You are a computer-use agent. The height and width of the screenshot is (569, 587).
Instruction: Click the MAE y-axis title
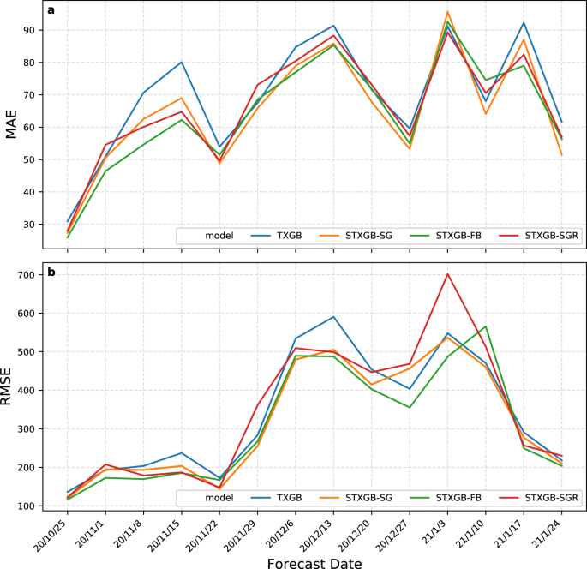(x=12, y=127)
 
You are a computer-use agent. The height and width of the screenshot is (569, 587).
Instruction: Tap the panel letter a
(x=51, y=11)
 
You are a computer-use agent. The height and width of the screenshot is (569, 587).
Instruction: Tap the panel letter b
(x=51, y=272)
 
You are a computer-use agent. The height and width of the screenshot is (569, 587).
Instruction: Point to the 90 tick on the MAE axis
(x=33, y=30)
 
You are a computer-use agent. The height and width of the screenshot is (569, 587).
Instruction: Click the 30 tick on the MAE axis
(x=33, y=225)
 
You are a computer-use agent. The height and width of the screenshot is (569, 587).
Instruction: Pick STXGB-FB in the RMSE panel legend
(x=460, y=497)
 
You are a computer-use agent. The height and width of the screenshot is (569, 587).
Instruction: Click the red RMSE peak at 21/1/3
(x=447, y=274)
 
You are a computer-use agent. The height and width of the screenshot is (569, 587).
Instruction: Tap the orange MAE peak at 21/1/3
(x=447, y=12)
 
